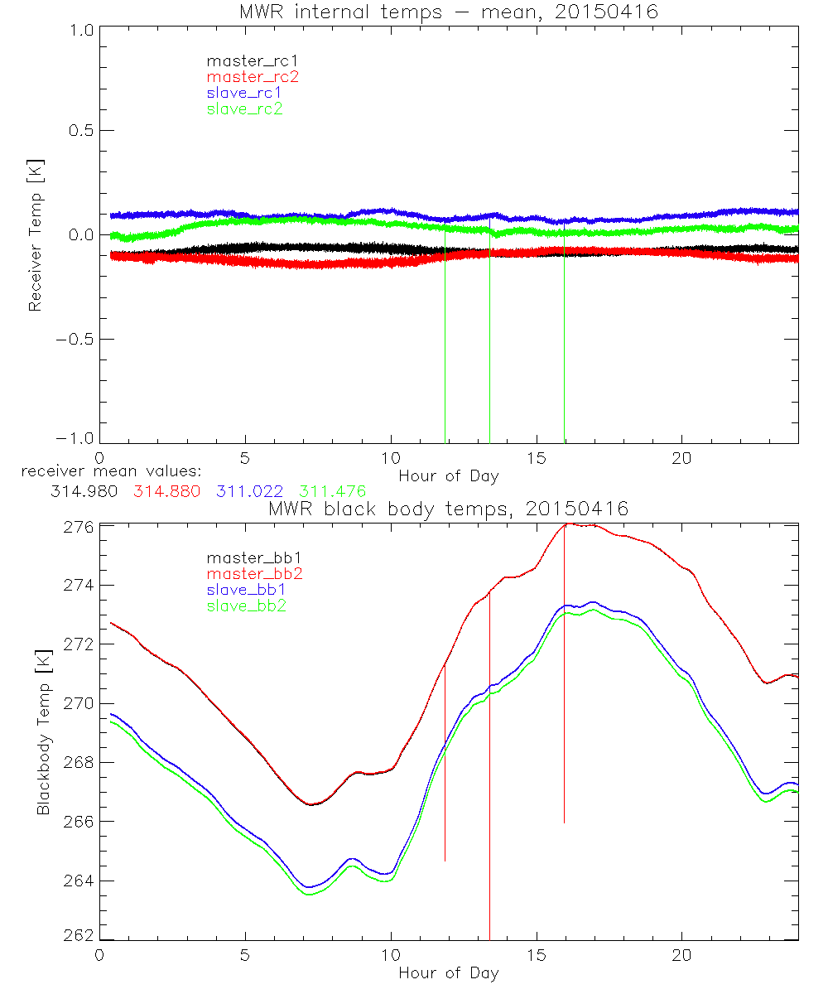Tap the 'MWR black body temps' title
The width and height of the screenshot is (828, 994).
pyautogui.click(x=448, y=509)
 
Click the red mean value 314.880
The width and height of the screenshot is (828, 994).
pyautogui.click(x=166, y=491)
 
